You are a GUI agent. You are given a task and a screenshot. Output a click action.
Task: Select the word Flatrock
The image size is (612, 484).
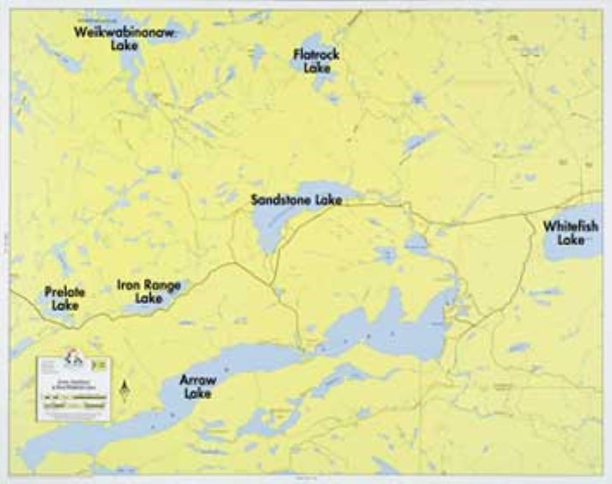(x=316, y=54)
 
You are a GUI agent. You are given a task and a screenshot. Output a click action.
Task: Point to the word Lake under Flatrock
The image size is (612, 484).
(x=317, y=67)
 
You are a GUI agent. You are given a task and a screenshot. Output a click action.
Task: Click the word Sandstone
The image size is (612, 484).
(x=282, y=200)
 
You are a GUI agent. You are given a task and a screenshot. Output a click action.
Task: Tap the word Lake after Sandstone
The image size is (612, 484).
(x=329, y=200)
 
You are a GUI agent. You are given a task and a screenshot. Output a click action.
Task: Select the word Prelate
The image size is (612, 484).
(x=64, y=292)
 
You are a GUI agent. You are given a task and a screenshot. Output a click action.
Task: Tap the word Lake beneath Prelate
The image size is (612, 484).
(x=64, y=305)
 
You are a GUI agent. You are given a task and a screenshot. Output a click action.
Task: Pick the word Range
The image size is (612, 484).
(x=162, y=285)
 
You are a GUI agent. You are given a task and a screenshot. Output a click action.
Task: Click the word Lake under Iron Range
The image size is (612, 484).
(x=148, y=298)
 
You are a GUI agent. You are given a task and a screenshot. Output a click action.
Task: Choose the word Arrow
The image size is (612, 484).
(x=197, y=380)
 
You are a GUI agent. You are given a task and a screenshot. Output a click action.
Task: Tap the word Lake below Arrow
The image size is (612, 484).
(x=197, y=394)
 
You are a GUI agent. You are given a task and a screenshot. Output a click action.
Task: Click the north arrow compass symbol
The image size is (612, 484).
(x=124, y=391)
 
